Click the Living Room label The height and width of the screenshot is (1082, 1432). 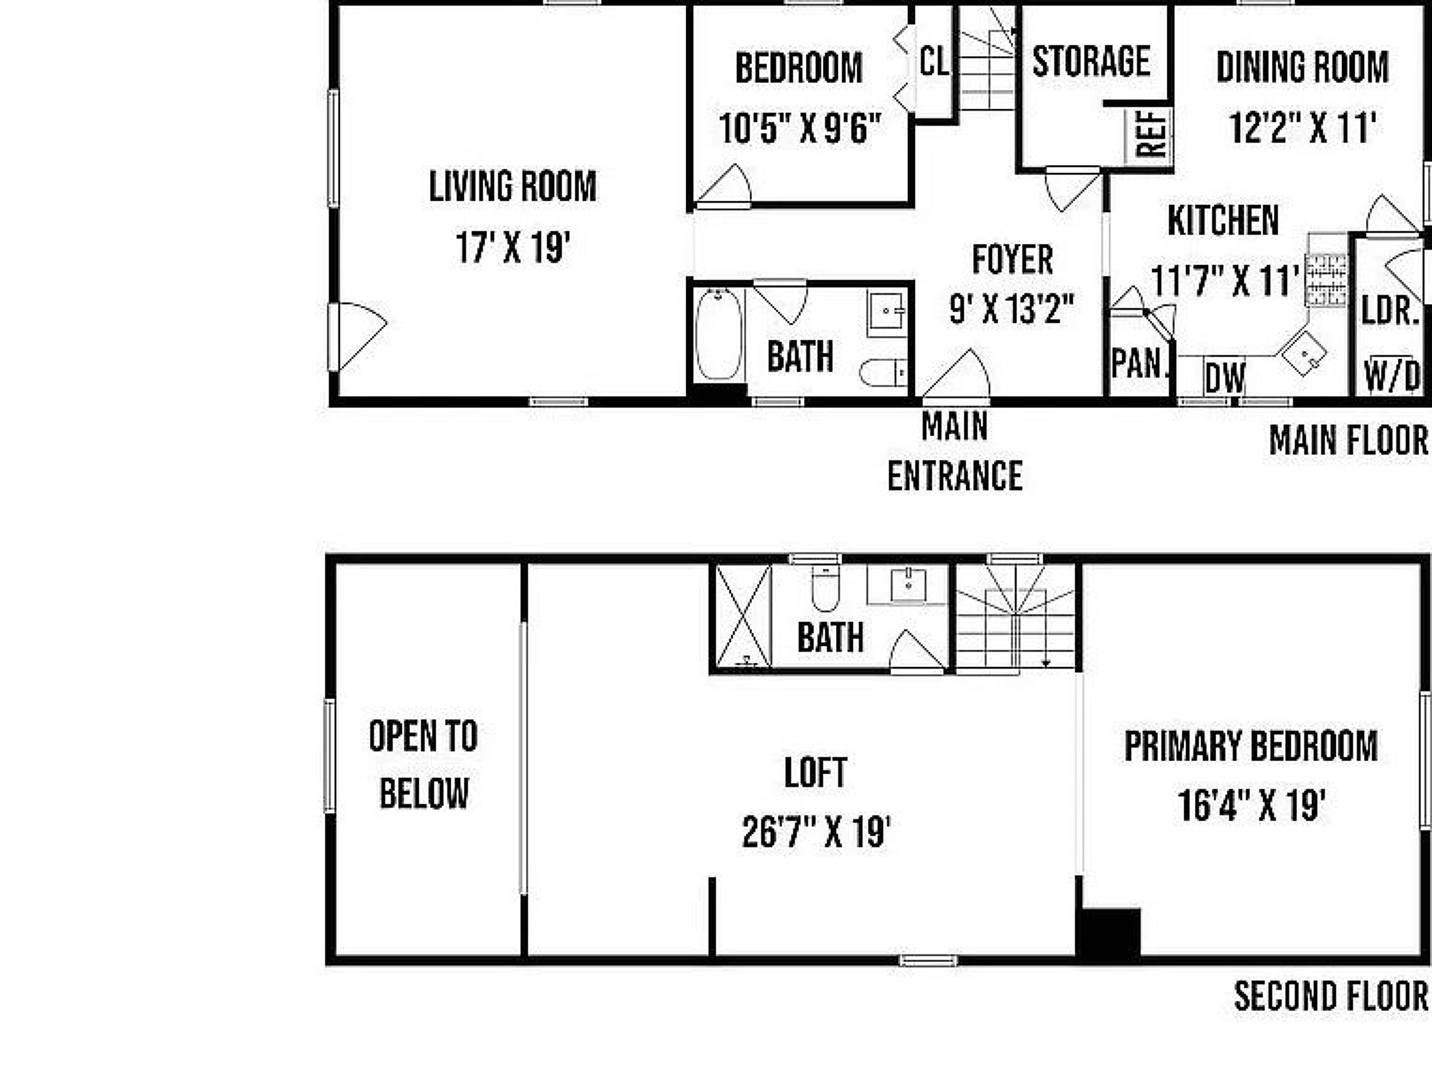[513, 186]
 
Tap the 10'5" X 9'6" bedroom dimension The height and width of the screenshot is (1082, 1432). [800, 128]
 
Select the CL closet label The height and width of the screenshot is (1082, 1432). [934, 62]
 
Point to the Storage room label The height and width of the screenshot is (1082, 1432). [1092, 62]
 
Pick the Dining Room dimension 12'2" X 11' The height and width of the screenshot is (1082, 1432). [1303, 128]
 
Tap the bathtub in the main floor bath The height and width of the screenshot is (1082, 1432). [719, 334]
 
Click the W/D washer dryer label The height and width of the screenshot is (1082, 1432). [1392, 375]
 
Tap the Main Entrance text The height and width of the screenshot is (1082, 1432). [955, 451]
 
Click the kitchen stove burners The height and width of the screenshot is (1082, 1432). [1326, 280]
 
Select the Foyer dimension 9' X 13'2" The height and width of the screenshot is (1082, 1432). [1012, 309]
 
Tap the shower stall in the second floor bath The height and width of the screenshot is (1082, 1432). [743, 616]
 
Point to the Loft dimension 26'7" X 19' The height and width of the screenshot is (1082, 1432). [816, 832]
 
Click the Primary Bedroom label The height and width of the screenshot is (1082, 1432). [1251, 746]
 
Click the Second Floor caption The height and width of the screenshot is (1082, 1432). [1331, 996]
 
